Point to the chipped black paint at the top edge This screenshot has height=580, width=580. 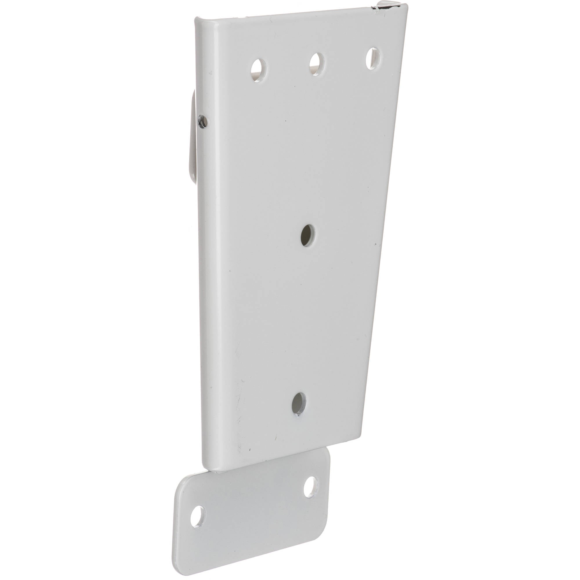coord(381,8)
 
